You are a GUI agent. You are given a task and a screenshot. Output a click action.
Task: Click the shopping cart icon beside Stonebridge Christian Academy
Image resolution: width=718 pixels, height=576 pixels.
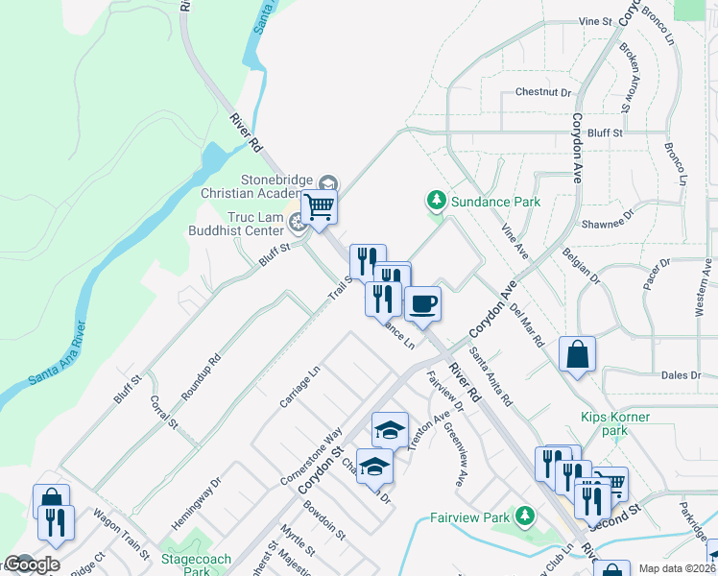pos(319,206)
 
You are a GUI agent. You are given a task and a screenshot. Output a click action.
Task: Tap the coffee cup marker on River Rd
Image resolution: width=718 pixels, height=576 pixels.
pos(422,305)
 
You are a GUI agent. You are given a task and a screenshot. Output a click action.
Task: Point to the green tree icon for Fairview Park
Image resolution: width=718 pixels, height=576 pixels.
pos(524,516)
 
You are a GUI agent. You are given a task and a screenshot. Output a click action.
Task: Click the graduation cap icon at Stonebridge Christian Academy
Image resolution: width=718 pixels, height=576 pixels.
pos(327,182)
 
